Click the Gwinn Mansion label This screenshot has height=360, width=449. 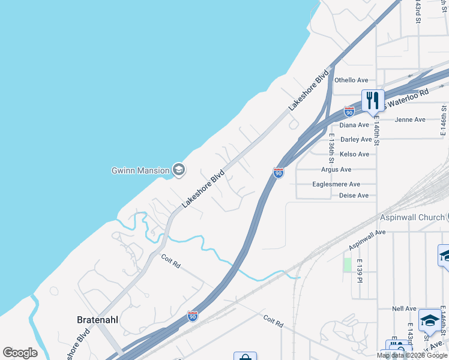click(140, 170)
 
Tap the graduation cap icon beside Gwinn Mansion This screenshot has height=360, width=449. click(178, 170)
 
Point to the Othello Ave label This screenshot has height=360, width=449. click(351, 80)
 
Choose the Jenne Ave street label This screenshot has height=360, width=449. click(410, 119)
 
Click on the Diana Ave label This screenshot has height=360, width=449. click(354, 125)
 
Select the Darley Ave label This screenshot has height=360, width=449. click(356, 139)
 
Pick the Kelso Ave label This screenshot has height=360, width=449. click(354, 154)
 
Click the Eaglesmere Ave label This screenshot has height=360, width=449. click(336, 184)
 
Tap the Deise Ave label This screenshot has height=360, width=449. click(354, 196)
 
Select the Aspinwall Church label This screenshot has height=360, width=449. click(411, 217)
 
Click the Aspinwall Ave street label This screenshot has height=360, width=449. click(367, 240)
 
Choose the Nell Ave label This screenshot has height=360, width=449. click(404, 308)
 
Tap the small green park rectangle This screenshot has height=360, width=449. click(347, 265)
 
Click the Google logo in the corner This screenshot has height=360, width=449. click(20, 353)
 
